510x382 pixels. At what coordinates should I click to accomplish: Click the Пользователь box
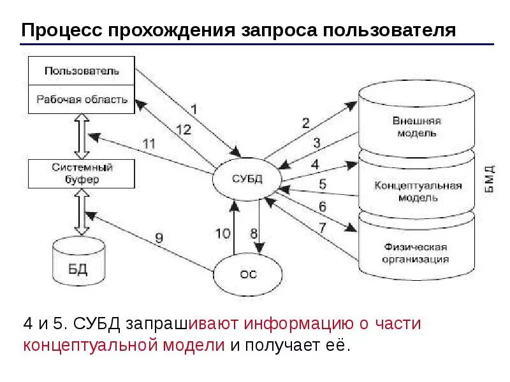[x=82, y=69]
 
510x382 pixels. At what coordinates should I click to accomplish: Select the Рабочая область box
[x=82, y=99]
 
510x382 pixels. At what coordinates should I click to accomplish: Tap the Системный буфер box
[x=82, y=173]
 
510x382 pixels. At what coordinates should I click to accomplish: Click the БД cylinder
[x=78, y=264]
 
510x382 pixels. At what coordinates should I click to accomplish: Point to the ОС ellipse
[x=248, y=274]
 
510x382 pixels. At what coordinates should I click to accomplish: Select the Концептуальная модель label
[x=418, y=191]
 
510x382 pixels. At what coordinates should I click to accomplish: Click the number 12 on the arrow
[x=182, y=129]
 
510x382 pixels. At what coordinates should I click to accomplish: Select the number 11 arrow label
[x=148, y=143]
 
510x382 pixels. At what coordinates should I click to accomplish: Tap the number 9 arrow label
[x=159, y=238]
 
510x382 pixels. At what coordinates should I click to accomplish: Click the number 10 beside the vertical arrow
[x=222, y=233]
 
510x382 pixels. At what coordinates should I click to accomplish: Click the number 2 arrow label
[x=305, y=122]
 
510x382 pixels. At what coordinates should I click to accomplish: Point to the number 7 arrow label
[x=322, y=227]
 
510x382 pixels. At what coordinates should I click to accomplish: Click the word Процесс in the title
[x=61, y=31]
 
